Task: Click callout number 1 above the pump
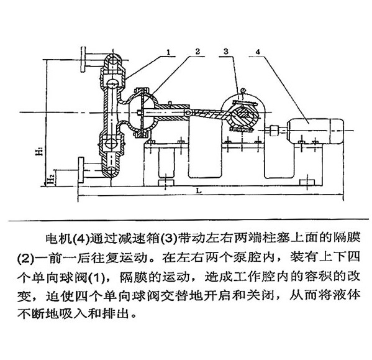coord(168,52)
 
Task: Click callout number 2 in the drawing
coord(197,52)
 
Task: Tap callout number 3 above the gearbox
coord(226,51)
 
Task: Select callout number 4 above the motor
coord(258,52)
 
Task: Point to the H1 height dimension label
coord(40,151)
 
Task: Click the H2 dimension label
coord(51,179)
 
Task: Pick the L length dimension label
coord(199,190)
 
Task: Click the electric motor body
coord(315,131)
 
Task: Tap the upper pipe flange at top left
coord(83,59)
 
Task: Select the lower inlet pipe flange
coord(81,170)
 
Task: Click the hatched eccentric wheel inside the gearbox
coord(243,116)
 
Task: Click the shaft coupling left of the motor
coord(274,131)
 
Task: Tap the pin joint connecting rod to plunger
coord(188,113)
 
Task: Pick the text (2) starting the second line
coord(25,258)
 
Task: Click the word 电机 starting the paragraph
coord(58,238)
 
